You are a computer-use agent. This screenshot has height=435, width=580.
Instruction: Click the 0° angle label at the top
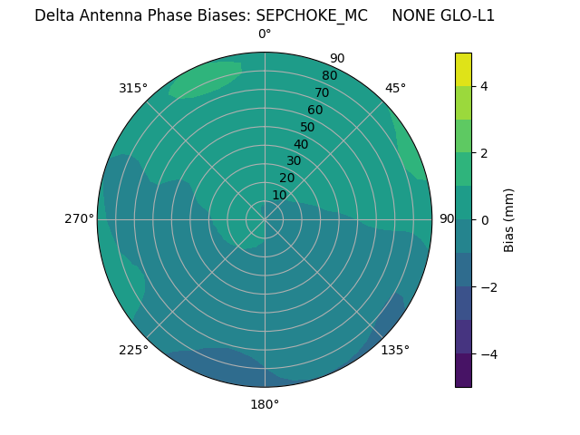tap(265, 34)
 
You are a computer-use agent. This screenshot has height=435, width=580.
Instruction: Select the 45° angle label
tap(395, 88)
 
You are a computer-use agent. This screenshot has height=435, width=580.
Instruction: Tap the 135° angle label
tap(395, 350)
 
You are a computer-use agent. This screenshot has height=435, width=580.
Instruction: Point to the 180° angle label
tap(265, 404)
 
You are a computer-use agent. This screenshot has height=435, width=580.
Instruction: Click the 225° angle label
tap(133, 350)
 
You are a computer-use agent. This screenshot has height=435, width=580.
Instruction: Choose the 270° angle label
tap(80, 218)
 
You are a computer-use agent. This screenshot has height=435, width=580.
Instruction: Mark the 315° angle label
tap(133, 88)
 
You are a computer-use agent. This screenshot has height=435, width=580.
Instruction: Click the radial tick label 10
tap(279, 195)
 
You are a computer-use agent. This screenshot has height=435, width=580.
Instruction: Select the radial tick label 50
tap(307, 127)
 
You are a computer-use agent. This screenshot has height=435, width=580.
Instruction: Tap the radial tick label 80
tap(329, 75)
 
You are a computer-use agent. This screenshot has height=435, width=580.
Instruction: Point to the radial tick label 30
tap(294, 160)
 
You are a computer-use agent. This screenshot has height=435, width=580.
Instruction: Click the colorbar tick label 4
tap(484, 86)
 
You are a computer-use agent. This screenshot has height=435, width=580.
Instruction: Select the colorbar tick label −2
tap(488, 287)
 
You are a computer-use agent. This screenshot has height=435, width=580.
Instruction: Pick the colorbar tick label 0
tap(484, 220)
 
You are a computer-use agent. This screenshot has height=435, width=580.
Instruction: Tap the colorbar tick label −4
tap(488, 354)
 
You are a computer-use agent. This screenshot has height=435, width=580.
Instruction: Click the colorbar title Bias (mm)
tap(509, 219)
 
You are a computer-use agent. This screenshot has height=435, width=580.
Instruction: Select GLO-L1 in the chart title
tap(466, 15)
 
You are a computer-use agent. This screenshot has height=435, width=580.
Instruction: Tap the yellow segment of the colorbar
tap(463, 70)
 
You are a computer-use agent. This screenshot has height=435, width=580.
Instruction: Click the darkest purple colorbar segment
tap(463, 370)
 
